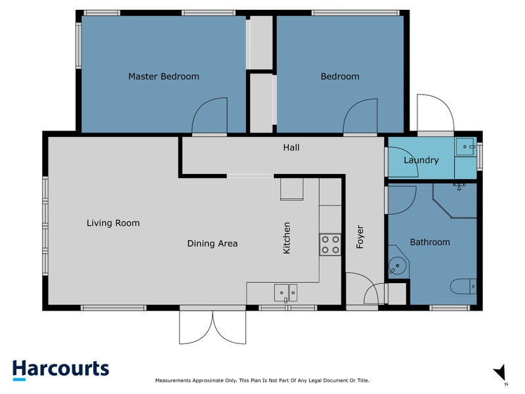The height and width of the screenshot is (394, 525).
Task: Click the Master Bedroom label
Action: (x=163, y=76)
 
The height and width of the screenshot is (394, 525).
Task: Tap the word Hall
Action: (x=291, y=147)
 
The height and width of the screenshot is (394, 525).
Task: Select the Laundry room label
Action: (x=421, y=160)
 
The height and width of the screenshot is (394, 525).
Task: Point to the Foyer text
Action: (x=360, y=237)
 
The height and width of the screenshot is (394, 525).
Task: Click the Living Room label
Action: (x=113, y=223)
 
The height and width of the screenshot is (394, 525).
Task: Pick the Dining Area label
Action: (x=212, y=244)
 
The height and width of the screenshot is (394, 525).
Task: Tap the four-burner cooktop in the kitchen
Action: (x=330, y=244)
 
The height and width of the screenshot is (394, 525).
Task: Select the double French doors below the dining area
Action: (x=212, y=326)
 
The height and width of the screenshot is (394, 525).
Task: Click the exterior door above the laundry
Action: (x=435, y=114)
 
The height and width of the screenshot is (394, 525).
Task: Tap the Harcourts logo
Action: (x=60, y=370)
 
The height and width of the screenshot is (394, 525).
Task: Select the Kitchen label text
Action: (x=286, y=238)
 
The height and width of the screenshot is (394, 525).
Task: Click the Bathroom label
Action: (x=430, y=242)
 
